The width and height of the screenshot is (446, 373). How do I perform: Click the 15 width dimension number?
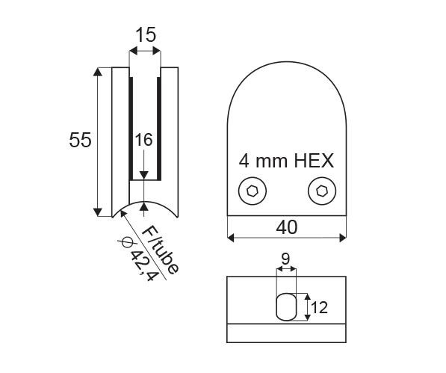[x=146, y=34]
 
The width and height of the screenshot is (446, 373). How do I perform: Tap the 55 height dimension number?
[x=80, y=140]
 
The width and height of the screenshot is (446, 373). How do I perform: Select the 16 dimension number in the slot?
[x=143, y=140]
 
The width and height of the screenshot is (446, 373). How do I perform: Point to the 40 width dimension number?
[x=287, y=227]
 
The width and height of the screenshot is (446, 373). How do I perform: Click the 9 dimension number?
[x=285, y=259]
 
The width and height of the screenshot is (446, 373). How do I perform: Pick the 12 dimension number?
[x=319, y=307]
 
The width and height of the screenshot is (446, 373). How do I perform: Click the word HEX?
[x=314, y=161]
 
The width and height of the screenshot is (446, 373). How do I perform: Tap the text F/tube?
[x=161, y=250]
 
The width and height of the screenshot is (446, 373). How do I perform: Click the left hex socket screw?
[x=253, y=191]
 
